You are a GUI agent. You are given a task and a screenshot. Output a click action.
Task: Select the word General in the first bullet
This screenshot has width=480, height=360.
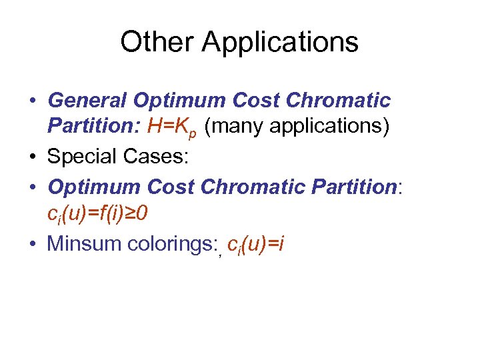(x=87, y=101)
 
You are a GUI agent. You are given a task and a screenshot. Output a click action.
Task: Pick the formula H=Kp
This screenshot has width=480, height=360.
(x=173, y=126)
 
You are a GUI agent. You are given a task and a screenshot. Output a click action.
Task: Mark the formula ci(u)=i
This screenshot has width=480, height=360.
(x=255, y=245)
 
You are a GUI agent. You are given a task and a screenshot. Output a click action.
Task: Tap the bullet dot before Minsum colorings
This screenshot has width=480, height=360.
(x=32, y=244)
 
